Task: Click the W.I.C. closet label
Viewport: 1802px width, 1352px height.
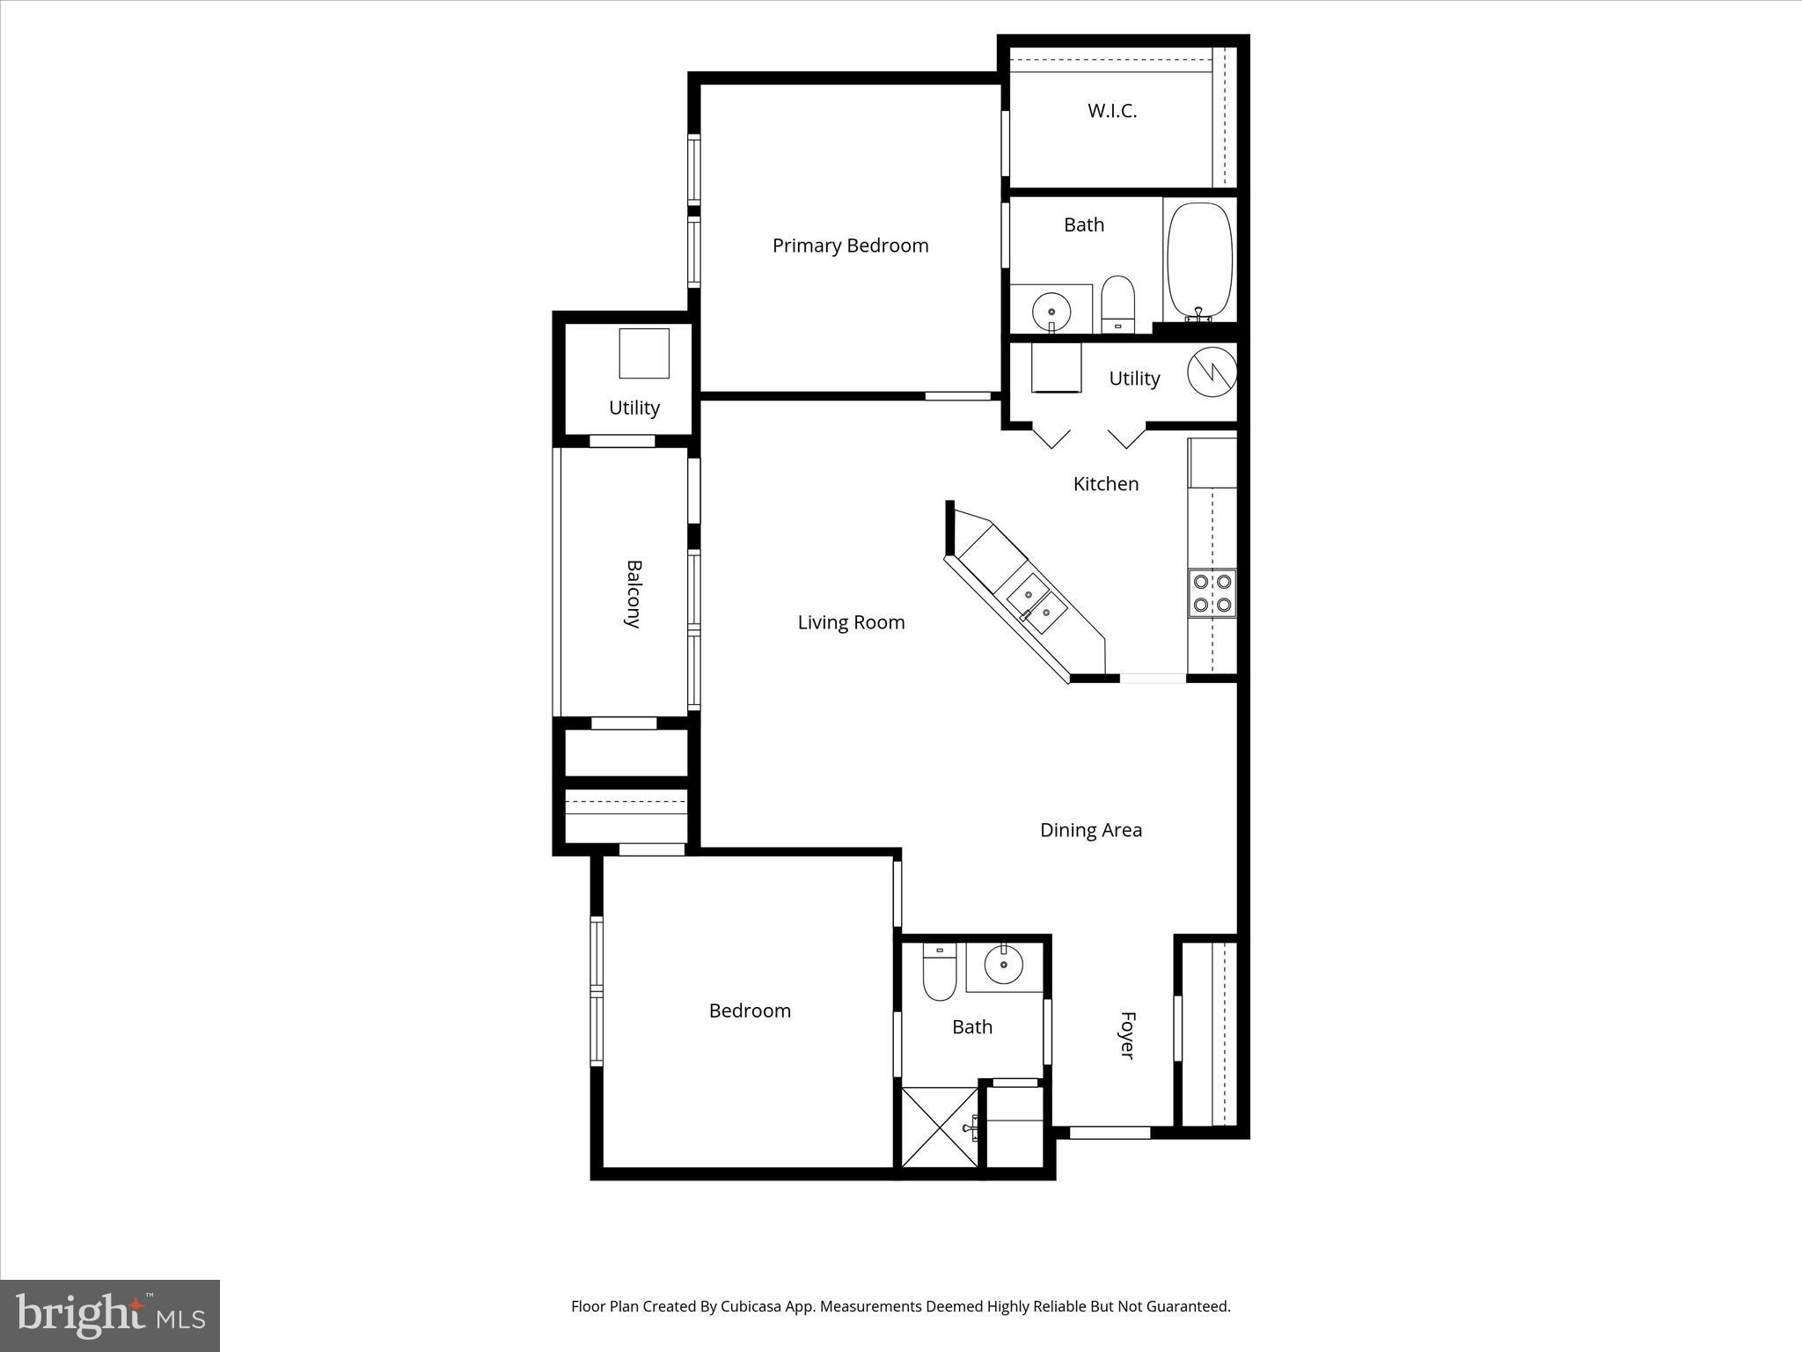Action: pos(1112,111)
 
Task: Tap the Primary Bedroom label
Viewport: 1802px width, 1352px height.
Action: pos(850,246)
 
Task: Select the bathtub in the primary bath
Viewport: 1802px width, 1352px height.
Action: pos(1199,261)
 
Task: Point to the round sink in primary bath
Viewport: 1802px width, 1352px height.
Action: pos(1051,310)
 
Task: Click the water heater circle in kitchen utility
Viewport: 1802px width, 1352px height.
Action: pos(1212,372)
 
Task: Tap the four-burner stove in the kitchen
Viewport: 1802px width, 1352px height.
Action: pos(1212,593)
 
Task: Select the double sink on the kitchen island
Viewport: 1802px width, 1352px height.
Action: pos(1037,603)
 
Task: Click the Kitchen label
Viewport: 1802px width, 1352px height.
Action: pos(1106,483)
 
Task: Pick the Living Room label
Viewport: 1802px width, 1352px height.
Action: pos(851,622)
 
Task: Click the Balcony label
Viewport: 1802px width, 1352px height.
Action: pos(633,593)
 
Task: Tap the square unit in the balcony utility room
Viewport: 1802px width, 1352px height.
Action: pos(643,353)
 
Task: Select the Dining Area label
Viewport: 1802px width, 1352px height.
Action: pos(1090,830)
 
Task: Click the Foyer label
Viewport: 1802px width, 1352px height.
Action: pos(1127,1035)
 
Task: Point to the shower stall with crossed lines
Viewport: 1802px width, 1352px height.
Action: pos(939,1128)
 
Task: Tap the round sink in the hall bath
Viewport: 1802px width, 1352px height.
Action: pos(1002,965)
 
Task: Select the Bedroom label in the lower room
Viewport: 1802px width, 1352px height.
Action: pos(750,1010)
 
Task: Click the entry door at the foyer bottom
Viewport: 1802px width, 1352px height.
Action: pos(1110,1133)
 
